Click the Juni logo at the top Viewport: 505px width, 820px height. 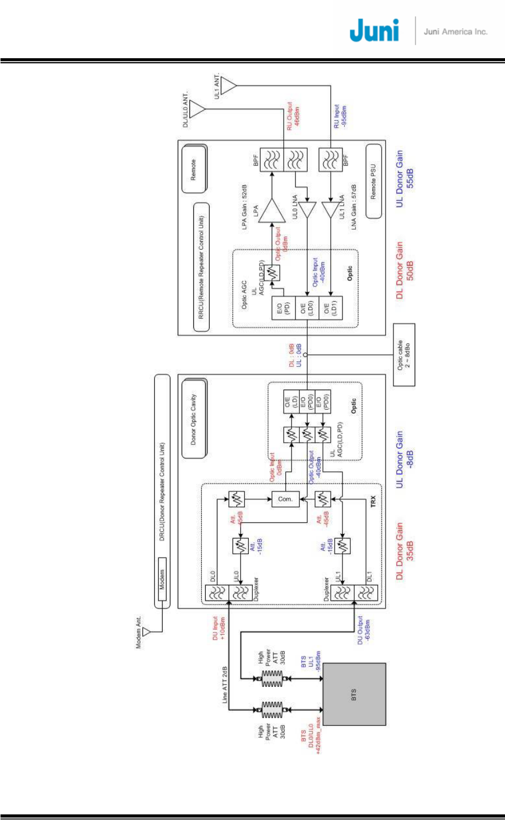tap(374, 31)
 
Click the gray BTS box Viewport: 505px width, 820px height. tap(354, 694)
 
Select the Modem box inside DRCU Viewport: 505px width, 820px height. tap(163, 579)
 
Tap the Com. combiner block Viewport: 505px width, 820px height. tap(285, 499)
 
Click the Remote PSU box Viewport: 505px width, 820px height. tap(373, 181)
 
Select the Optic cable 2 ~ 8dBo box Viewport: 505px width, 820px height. tap(404, 354)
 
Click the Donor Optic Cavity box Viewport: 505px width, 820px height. tap(194, 419)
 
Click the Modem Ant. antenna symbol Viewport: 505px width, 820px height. tap(147, 632)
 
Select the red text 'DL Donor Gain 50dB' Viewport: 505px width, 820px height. tap(404, 270)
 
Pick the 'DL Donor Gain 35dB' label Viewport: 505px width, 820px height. tap(404, 551)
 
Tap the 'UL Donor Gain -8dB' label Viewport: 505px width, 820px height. tap(404, 459)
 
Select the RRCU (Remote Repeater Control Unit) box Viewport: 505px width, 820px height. tap(201, 267)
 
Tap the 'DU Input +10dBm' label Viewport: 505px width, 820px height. tap(218, 628)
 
